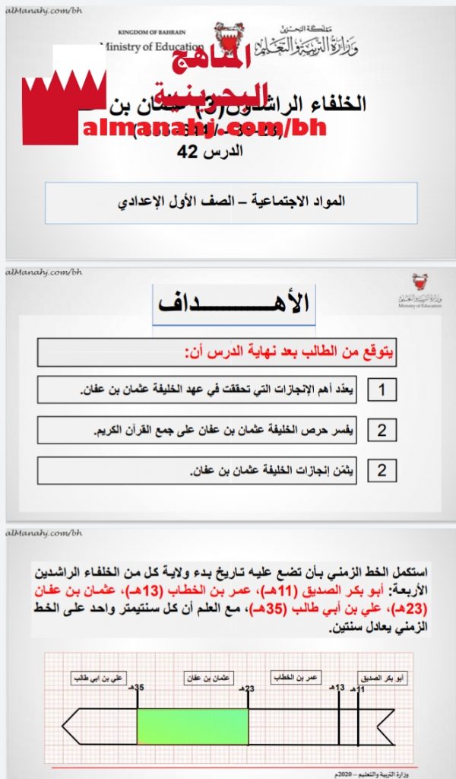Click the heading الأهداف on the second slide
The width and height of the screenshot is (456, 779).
(234, 303)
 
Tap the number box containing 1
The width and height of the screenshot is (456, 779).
(382, 391)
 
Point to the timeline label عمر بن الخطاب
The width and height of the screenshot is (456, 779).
(298, 676)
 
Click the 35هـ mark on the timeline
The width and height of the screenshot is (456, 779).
(139, 688)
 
